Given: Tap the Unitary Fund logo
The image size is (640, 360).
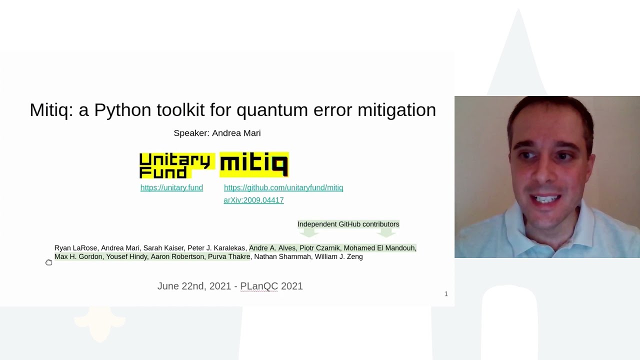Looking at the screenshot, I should pyautogui.click(x=175, y=165).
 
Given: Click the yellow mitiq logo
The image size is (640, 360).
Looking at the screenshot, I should pyautogui.click(x=254, y=164).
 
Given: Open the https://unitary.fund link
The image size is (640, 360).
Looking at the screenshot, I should pyautogui.click(x=171, y=187).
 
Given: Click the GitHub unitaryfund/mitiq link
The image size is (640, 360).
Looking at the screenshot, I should pyautogui.click(x=283, y=187).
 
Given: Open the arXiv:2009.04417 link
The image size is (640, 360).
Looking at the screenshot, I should pyautogui.click(x=253, y=200).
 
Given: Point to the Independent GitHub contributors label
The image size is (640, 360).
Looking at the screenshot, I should pyautogui.click(x=348, y=224).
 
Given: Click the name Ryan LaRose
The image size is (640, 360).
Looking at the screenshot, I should pyautogui.click(x=75, y=248).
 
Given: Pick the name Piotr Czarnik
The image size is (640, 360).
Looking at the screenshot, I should pyautogui.click(x=319, y=248).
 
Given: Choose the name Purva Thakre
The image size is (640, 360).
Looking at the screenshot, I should pyautogui.click(x=229, y=256).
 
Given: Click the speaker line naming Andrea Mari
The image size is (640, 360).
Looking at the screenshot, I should pyautogui.click(x=217, y=133).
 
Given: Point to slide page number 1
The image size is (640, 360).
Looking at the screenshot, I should pyautogui.click(x=446, y=293).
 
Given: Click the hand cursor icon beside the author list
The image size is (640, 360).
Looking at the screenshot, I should pyautogui.click(x=48, y=262).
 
